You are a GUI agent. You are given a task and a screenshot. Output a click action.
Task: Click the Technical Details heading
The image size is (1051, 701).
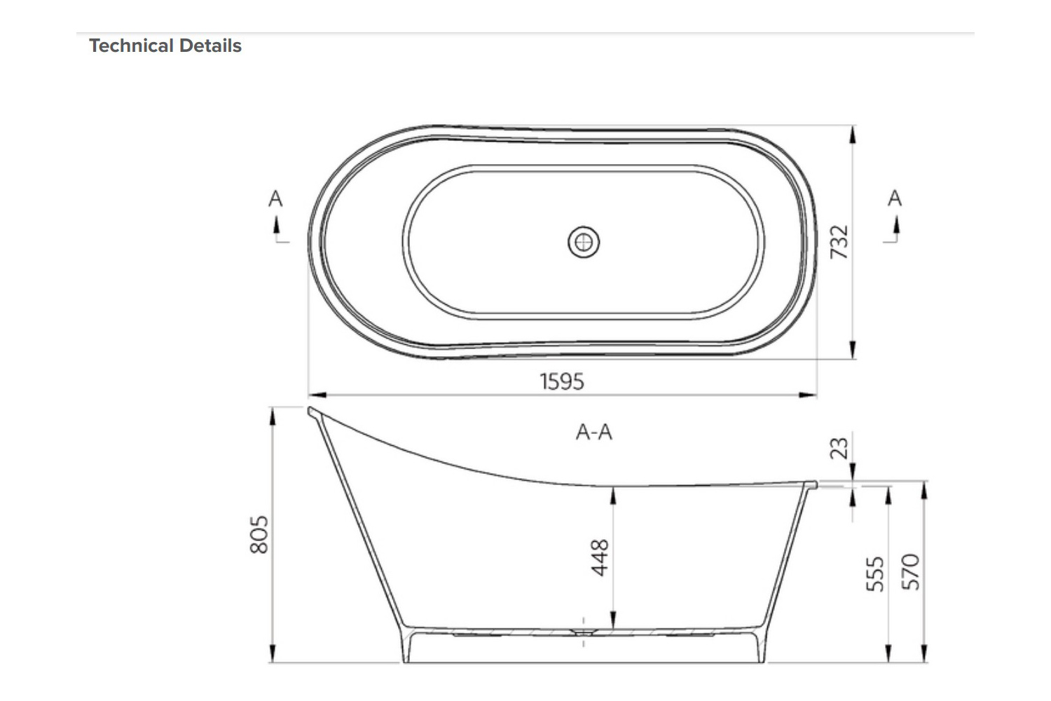(x=165, y=46)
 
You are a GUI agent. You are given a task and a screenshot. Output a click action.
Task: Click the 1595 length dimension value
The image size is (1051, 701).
(x=562, y=381)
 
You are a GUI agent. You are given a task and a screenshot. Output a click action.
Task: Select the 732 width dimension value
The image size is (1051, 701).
(x=839, y=242)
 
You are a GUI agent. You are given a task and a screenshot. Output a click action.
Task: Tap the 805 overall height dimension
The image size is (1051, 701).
(x=259, y=534)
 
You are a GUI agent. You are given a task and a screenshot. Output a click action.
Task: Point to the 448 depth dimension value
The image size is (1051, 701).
(x=600, y=557)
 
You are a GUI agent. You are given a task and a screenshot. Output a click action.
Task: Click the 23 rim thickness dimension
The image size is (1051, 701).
(x=839, y=447)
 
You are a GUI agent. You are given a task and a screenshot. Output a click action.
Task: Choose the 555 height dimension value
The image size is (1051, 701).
(x=876, y=573)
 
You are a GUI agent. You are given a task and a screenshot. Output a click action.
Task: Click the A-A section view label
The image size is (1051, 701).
(x=594, y=433)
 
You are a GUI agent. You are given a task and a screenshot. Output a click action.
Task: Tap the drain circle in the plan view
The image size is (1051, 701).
(x=583, y=243)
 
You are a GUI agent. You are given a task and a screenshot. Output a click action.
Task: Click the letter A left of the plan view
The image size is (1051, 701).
(x=275, y=199)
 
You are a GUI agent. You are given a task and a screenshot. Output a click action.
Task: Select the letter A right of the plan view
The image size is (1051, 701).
(x=895, y=198)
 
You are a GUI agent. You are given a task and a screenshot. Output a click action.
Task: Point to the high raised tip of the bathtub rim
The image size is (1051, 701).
(x=312, y=411)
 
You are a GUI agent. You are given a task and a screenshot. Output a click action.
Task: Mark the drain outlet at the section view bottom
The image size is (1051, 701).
(x=584, y=631)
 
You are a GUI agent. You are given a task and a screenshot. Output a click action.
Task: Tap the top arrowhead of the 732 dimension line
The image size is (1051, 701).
(x=852, y=134)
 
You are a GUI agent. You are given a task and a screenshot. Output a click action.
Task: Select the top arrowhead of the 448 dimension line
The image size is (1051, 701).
(x=613, y=495)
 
